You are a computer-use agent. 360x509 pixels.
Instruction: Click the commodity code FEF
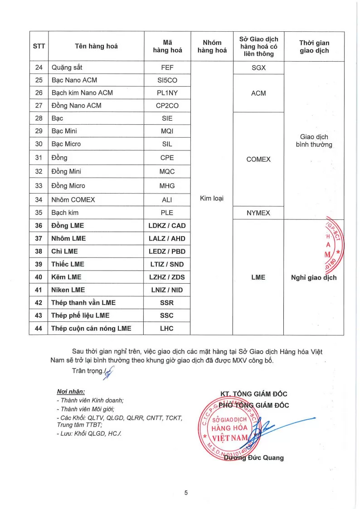click(167, 68)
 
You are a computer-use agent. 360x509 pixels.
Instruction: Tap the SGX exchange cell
click(258, 68)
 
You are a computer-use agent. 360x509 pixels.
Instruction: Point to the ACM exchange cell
click(258, 93)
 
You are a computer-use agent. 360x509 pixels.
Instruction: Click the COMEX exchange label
click(258, 160)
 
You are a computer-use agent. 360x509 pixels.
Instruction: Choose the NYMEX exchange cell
click(258, 213)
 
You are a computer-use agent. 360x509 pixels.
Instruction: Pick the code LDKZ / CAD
click(167, 226)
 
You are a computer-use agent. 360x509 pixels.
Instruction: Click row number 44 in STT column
click(39, 328)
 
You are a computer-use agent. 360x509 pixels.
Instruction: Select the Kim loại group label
click(212, 198)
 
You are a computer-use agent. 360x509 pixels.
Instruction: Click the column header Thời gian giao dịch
click(314, 47)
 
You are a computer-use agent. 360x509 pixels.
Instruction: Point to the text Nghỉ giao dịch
click(314, 277)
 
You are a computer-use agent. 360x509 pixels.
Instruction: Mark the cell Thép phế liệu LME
click(80, 315)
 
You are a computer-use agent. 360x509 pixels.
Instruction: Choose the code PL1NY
click(167, 93)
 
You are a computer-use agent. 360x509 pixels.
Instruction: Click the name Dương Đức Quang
click(254, 458)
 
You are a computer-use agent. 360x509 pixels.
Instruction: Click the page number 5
click(186, 493)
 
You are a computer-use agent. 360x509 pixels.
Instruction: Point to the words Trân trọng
click(88, 371)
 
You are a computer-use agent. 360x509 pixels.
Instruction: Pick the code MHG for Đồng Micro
click(167, 186)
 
